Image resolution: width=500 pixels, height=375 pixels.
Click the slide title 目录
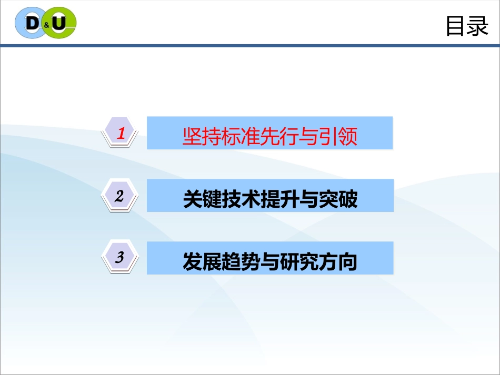(467, 26)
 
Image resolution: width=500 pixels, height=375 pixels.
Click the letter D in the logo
(33, 23)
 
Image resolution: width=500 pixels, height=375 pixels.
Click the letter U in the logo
(59, 23)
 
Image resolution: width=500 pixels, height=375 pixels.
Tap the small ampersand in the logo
(46, 25)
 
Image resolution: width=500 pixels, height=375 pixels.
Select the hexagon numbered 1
(120, 133)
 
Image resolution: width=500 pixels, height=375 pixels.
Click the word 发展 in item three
(202, 261)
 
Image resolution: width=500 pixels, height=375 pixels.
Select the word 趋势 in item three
(241, 261)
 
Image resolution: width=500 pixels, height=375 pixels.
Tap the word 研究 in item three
(299, 261)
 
